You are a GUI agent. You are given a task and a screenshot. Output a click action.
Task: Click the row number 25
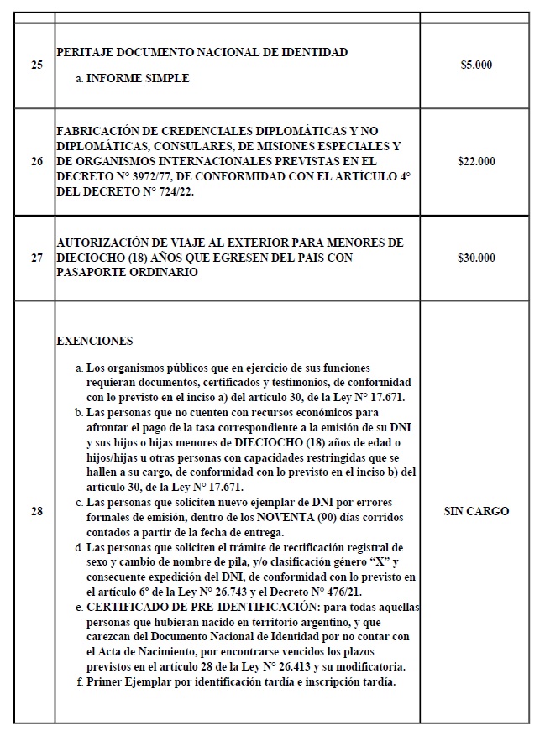click(36, 65)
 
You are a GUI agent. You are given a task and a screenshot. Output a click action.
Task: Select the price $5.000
click(476, 65)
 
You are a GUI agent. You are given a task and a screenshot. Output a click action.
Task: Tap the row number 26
click(36, 161)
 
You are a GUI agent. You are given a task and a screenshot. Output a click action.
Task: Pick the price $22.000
click(476, 161)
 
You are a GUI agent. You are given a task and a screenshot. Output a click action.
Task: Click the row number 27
click(36, 258)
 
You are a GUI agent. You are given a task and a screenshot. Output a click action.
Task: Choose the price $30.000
click(476, 258)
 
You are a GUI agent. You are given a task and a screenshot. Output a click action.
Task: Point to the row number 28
click(36, 511)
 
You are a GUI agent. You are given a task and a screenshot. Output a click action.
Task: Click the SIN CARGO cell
click(476, 511)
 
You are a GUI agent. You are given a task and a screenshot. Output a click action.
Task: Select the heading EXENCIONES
click(94, 342)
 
